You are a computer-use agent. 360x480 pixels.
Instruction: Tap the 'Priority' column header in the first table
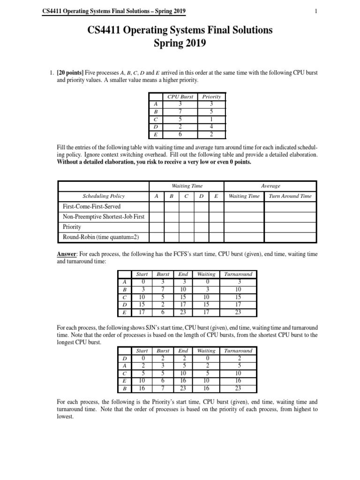tap(211, 97)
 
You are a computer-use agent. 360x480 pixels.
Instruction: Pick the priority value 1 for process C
tap(211, 119)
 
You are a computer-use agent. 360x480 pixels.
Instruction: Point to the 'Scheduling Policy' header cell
tap(104, 196)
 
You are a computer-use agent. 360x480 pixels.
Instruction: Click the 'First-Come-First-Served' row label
tap(92, 206)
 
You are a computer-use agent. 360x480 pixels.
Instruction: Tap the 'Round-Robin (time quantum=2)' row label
tap(101, 237)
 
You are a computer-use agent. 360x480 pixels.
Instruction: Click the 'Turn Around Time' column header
tap(289, 196)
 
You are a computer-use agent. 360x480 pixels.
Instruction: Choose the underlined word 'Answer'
tap(66, 254)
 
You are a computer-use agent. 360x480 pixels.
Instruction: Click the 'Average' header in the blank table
tap(270, 186)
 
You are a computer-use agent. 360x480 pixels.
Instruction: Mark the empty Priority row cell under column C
tap(186, 227)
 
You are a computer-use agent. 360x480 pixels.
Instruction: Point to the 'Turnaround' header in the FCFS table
tap(238, 274)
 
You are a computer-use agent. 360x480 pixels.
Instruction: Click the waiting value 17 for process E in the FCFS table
tap(206, 312)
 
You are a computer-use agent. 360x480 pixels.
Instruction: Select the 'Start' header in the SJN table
tap(142, 351)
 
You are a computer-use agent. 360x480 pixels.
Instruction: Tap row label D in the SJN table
tap(124, 358)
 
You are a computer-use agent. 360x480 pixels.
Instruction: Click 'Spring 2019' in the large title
tap(180, 44)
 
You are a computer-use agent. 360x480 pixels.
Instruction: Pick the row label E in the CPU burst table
tap(155, 134)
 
